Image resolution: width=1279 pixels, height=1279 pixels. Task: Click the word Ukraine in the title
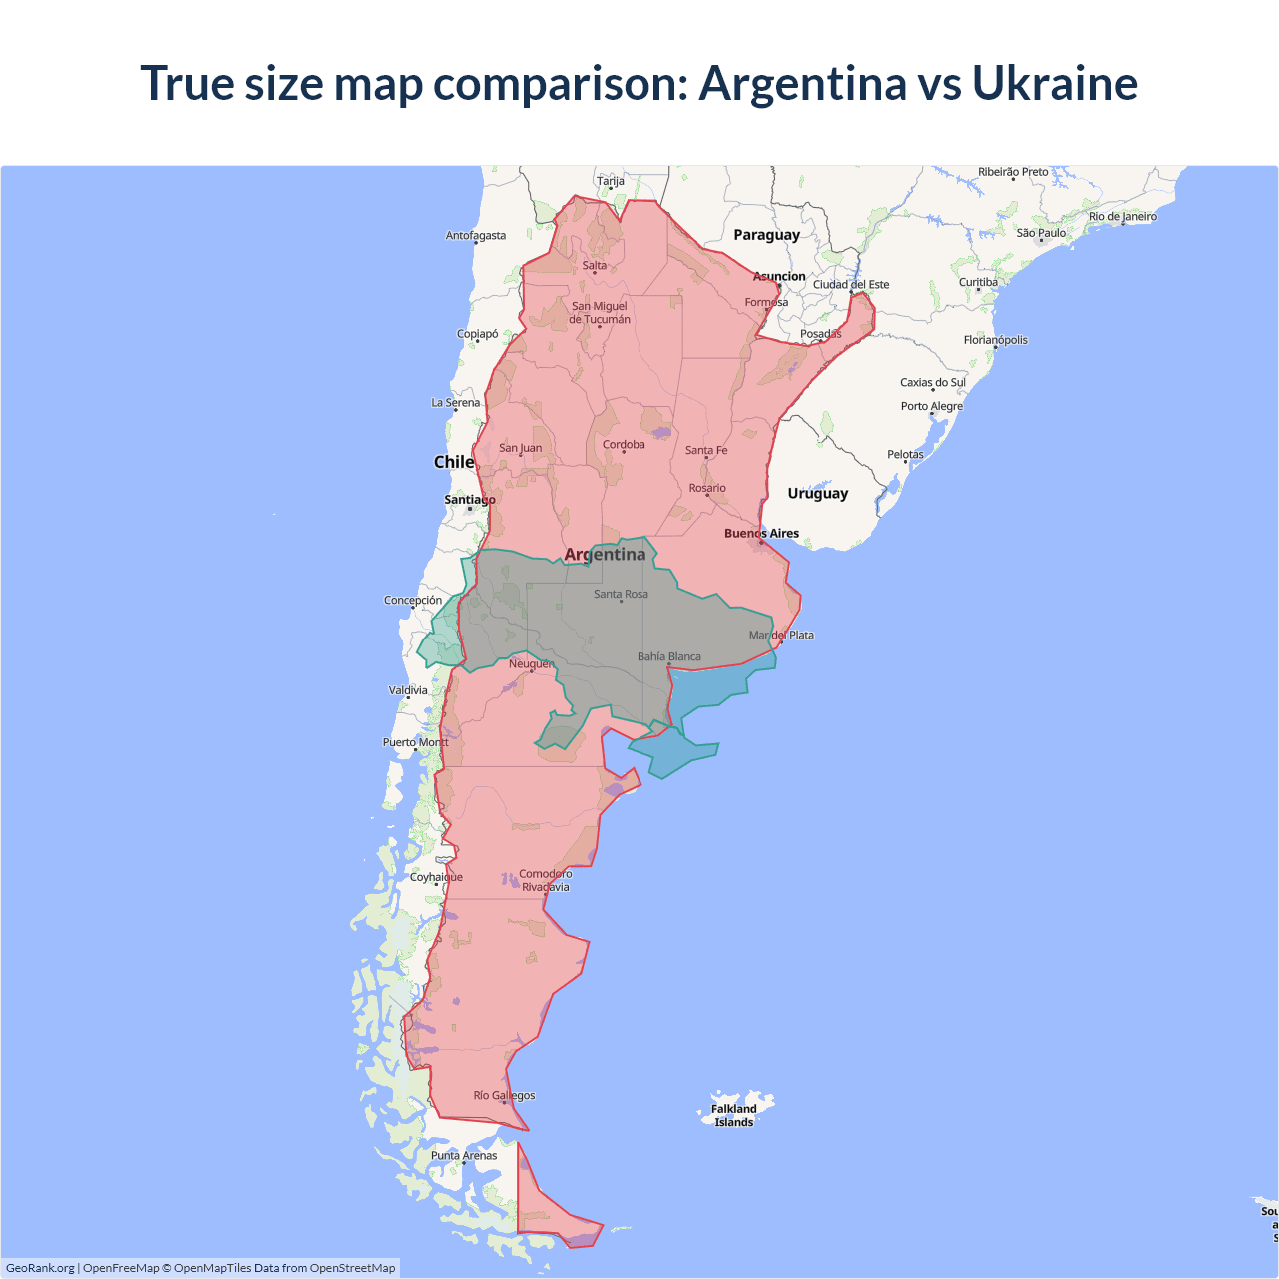[1054, 83]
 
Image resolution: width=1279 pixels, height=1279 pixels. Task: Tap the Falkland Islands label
[734, 1115]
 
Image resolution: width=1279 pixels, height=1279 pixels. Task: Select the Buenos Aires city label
[761, 533]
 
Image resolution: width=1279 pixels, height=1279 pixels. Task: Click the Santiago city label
[469, 499]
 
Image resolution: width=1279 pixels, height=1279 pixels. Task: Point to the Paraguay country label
[766, 235]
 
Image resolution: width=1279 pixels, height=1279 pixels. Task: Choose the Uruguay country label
[817, 493]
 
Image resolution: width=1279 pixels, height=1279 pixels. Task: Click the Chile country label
[453, 462]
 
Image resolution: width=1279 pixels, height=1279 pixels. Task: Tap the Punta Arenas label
[464, 1155]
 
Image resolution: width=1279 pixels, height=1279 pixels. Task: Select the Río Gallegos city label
[504, 1095]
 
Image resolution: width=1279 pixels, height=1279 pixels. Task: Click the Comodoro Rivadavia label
[545, 880]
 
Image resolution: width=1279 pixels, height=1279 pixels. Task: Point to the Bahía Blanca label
[669, 656]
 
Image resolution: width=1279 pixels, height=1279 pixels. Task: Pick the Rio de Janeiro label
[1122, 216]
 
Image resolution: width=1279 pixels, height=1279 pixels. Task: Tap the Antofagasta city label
[476, 236]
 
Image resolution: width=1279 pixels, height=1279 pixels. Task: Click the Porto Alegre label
[931, 406]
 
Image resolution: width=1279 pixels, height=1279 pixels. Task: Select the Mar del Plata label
[781, 635]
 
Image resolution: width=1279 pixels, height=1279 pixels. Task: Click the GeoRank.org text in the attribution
[40, 1268]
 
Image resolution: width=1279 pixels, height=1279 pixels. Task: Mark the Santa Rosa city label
[621, 594]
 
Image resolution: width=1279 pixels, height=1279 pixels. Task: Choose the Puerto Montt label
[415, 742]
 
